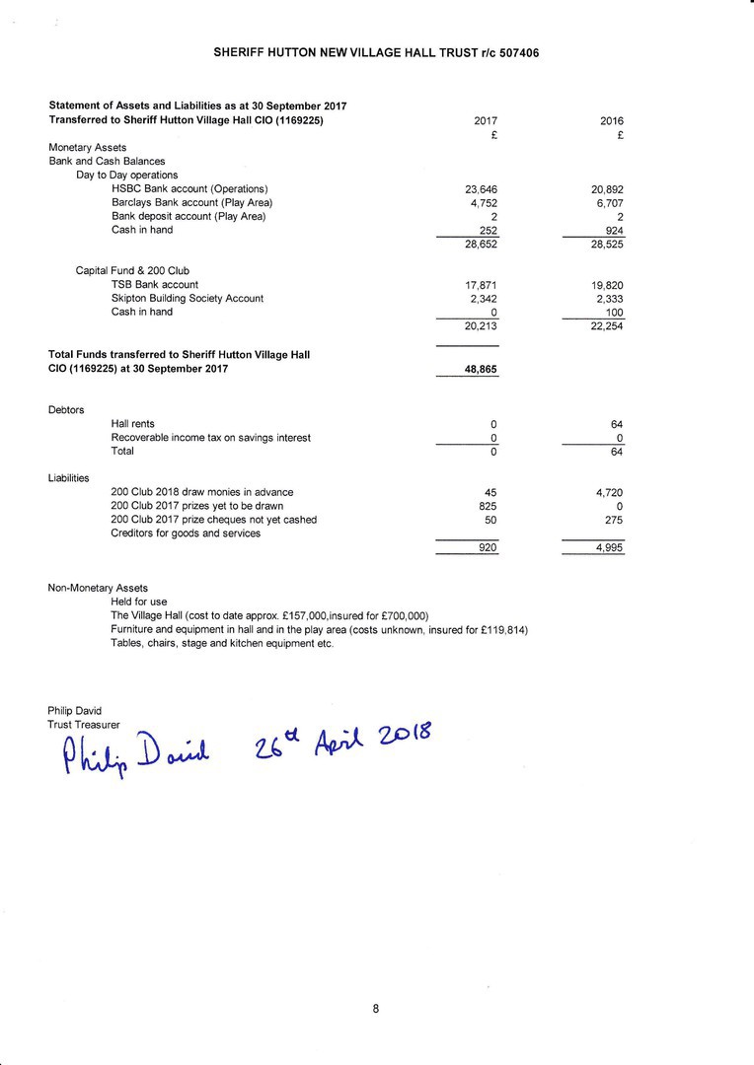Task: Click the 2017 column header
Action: point(486,121)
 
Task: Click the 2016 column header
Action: point(612,121)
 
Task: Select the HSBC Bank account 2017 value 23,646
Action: point(482,189)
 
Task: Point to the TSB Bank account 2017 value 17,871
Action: point(482,285)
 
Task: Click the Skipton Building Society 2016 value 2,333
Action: point(608,299)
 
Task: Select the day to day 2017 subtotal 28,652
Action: point(482,244)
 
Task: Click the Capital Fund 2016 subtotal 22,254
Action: point(607,327)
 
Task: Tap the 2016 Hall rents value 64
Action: point(617,424)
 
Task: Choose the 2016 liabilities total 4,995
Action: point(609,548)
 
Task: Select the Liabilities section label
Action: point(69,478)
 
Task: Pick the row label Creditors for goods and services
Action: point(186,533)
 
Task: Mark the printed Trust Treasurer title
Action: point(83,724)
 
